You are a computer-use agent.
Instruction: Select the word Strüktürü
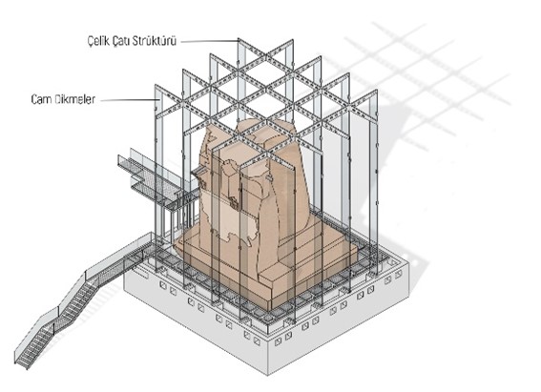pyautogui.click(x=155, y=41)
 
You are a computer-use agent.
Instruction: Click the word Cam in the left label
pyautogui.click(x=40, y=99)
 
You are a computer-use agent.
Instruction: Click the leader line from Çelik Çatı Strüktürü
pyautogui.click(x=210, y=41)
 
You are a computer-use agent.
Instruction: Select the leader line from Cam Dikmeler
pyautogui.click(x=130, y=100)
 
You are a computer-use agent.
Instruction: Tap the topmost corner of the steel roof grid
pyautogui.click(x=239, y=39)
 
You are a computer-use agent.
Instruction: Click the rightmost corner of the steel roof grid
pyautogui.click(x=377, y=91)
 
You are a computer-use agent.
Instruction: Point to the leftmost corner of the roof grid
pyautogui.click(x=156, y=85)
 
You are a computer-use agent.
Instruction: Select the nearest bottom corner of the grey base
pyautogui.click(x=268, y=375)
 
